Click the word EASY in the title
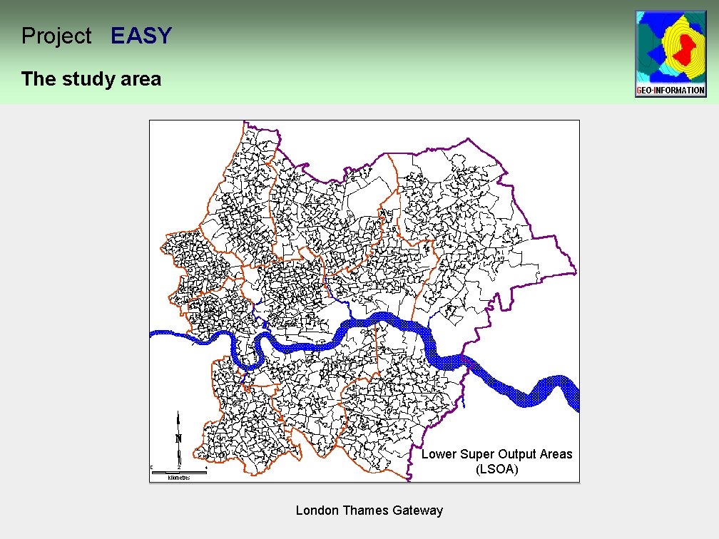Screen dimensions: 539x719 pyautogui.click(x=141, y=36)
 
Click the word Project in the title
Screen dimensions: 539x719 pyautogui.click(x=56, y=36)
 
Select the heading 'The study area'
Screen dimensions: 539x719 pyautogui.click(x=91, y=78)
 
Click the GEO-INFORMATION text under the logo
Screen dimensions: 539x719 pyautogui.click(x=670, y=91)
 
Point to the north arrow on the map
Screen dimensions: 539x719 pyautogui.click(x=178, y=435)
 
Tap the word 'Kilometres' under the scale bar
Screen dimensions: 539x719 pyautogui.click(x=178, y=477)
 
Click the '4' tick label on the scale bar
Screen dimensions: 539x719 pyautogui.click(x=205, y=467)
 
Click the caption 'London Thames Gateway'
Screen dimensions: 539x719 pyautogui.click(x=369, y=510)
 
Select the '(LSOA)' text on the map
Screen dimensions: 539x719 pyautogui.click(x=496, y=470)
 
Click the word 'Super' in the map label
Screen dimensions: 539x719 pyautogui.click(x=476, y=454)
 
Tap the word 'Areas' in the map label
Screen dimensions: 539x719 pyautogui.click(x=555, y=454)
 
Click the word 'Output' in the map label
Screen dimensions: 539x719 pyautogui.click(x=516, y=454)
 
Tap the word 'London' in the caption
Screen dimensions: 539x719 pyautogui.click(x=317, y=510)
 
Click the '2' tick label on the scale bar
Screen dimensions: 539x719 pyautogui.click(x=179, y=467)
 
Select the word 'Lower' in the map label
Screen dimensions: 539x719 pyautogui.click(x=439, y=454)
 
